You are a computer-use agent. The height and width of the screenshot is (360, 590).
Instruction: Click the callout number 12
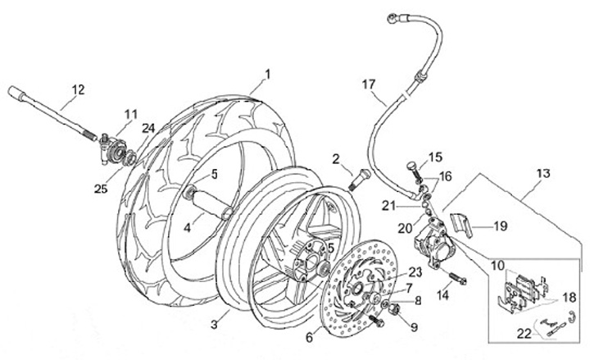point(77,89)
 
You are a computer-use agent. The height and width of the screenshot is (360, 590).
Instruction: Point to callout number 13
point(543,174)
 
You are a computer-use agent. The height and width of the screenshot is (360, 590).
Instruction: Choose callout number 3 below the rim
point(214,326)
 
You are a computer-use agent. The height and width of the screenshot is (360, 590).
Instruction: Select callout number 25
point(101,189)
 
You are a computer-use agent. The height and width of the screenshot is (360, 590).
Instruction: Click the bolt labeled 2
point(355,177)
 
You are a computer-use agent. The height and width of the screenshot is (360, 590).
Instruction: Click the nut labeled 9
point(392,309)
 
